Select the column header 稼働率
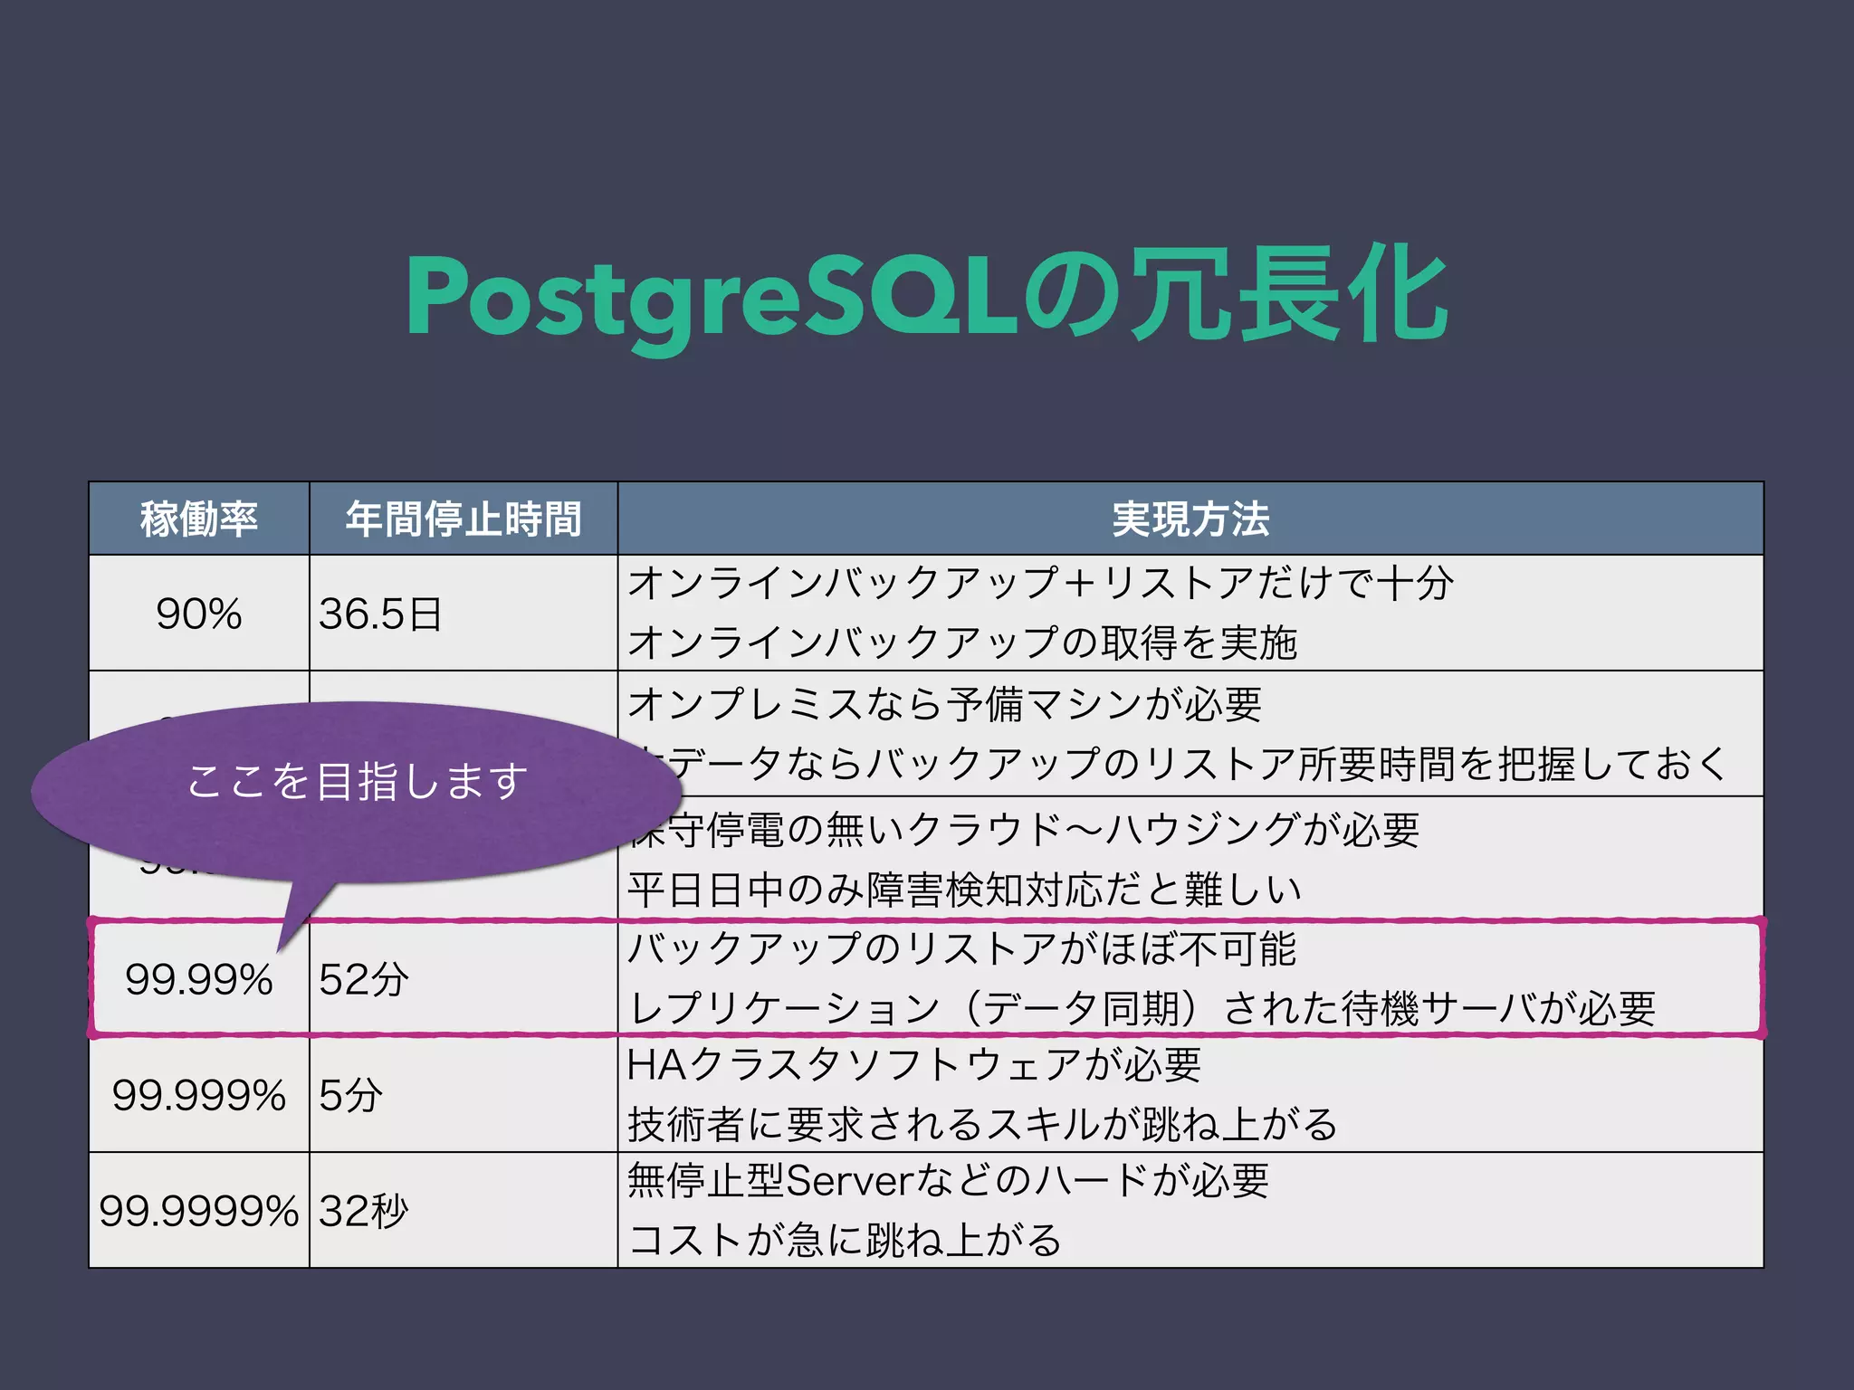199,519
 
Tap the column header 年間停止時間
463,519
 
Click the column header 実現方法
1190,519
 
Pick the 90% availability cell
199,614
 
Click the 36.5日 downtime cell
380,614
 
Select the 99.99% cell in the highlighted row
199,979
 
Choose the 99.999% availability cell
199,1095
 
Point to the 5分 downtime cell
351,1095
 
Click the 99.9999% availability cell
199,1211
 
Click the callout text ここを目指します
357,781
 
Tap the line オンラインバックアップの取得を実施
962,643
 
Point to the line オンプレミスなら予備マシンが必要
944,703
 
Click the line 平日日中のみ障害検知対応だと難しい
964,890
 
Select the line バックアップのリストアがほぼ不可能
961,948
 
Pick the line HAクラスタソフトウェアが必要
914,1064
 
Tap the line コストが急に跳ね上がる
845,1239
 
